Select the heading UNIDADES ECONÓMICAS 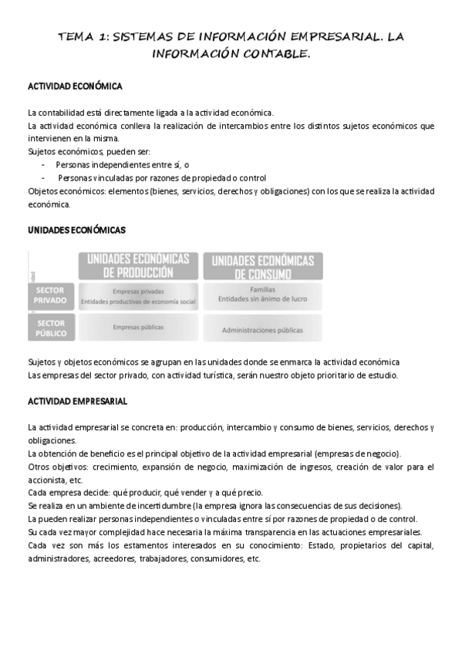pos(76,230)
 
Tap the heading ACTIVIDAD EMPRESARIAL pos(77,402)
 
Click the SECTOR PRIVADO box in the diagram pos(51,295)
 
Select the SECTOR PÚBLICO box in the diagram pos(51,327)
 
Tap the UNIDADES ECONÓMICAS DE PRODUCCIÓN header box pos(138,265)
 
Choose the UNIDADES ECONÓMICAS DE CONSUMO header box pos(262,266)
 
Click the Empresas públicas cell pos(138,327)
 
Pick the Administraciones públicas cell pos(262,329)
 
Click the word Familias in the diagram pos(262,289)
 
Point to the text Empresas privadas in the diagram pos(138,291)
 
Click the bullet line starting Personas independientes pos(122,165)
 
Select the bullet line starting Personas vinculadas pos(161,177)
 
